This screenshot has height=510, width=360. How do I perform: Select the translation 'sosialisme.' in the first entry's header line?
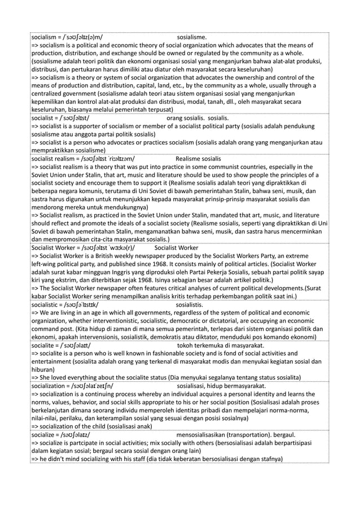[192, 38]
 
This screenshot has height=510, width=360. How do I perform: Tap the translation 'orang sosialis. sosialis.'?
[197, 118]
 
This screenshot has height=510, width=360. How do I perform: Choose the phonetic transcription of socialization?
[93, 386]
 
